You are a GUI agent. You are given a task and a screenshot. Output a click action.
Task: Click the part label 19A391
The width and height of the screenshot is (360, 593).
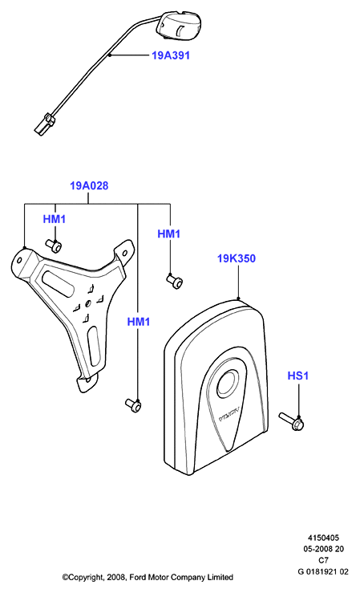pyautogui.click(x=171, y=55)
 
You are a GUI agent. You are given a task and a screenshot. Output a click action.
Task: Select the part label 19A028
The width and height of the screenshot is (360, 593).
pyautogui.click(x=89, y=185)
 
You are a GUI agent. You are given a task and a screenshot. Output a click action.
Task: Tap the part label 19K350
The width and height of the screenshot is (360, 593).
pyautogui.click(x=237, y=258)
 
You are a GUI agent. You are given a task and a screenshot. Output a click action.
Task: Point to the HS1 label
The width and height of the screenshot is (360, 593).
pyautogui.click(x=298, y=376)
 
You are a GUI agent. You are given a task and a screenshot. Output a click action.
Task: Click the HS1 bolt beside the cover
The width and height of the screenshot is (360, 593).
pyautogui.click(x=292, y=421)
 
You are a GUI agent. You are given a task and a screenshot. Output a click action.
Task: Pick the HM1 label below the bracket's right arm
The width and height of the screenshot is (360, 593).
pyautogui.click(x=139, y=322)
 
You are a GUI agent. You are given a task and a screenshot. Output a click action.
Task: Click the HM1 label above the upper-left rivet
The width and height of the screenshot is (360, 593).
pyautogui.click(x=55, y=219)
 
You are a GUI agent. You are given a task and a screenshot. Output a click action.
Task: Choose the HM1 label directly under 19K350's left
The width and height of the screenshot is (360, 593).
pyautogui.click(x=169, y=234)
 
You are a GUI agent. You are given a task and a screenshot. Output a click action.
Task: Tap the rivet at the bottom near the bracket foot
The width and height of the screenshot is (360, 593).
pyautogui.click(x=133, y=405)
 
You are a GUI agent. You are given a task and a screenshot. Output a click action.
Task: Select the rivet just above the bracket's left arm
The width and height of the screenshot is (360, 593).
pyautogui.click(x=54, y=246)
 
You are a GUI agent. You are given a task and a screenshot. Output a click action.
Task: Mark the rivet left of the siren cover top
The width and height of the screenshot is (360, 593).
pyautogui.click(x=175, y=281)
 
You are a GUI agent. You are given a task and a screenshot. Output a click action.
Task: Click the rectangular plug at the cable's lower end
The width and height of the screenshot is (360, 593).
pyautogui.click(x=45, y=124)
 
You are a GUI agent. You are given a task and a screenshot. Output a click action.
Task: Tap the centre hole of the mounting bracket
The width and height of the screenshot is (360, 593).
pyautogui.click(x=88, y=303)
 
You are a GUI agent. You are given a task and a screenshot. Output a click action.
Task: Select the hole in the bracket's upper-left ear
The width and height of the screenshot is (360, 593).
pyautogui.click(x=19, y=260)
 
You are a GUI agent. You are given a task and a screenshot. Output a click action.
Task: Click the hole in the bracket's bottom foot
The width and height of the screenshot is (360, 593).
pyautogui.click(x=88, y=380)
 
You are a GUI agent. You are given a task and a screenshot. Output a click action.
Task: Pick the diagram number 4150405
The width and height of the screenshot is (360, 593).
pyautogui.click(x=323, y=538)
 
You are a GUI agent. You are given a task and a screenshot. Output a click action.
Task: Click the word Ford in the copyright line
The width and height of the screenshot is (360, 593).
pyautogui.click(x=139, y=577)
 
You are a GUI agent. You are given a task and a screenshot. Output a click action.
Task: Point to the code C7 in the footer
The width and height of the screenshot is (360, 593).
pyautogui.click(x=323, y=560)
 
